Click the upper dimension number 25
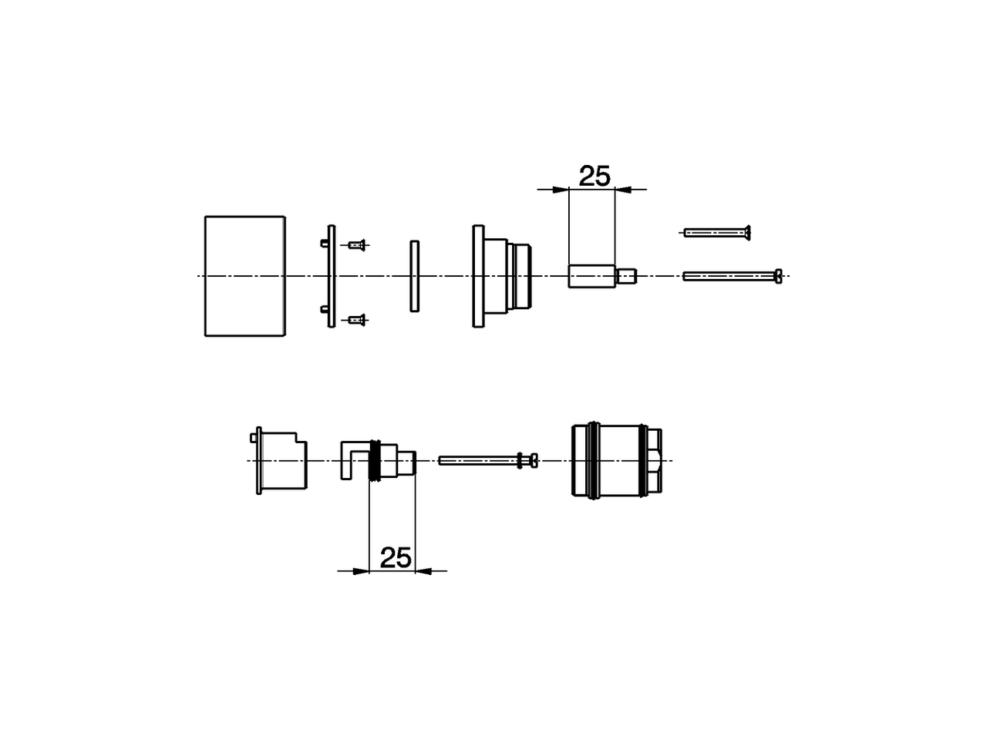pos(595,177)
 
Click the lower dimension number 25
pos(396,557)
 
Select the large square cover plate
pos(244,276)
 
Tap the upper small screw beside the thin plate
pos(355,245)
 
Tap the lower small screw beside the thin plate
pos(355,318)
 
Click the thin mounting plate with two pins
pos(332,276)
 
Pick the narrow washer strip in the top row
pos(415,276)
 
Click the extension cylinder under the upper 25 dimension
pos(591,276)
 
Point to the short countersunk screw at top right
pos(717,231)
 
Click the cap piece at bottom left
pos(279,460)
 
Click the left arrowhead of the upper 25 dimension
pos(561,189)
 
